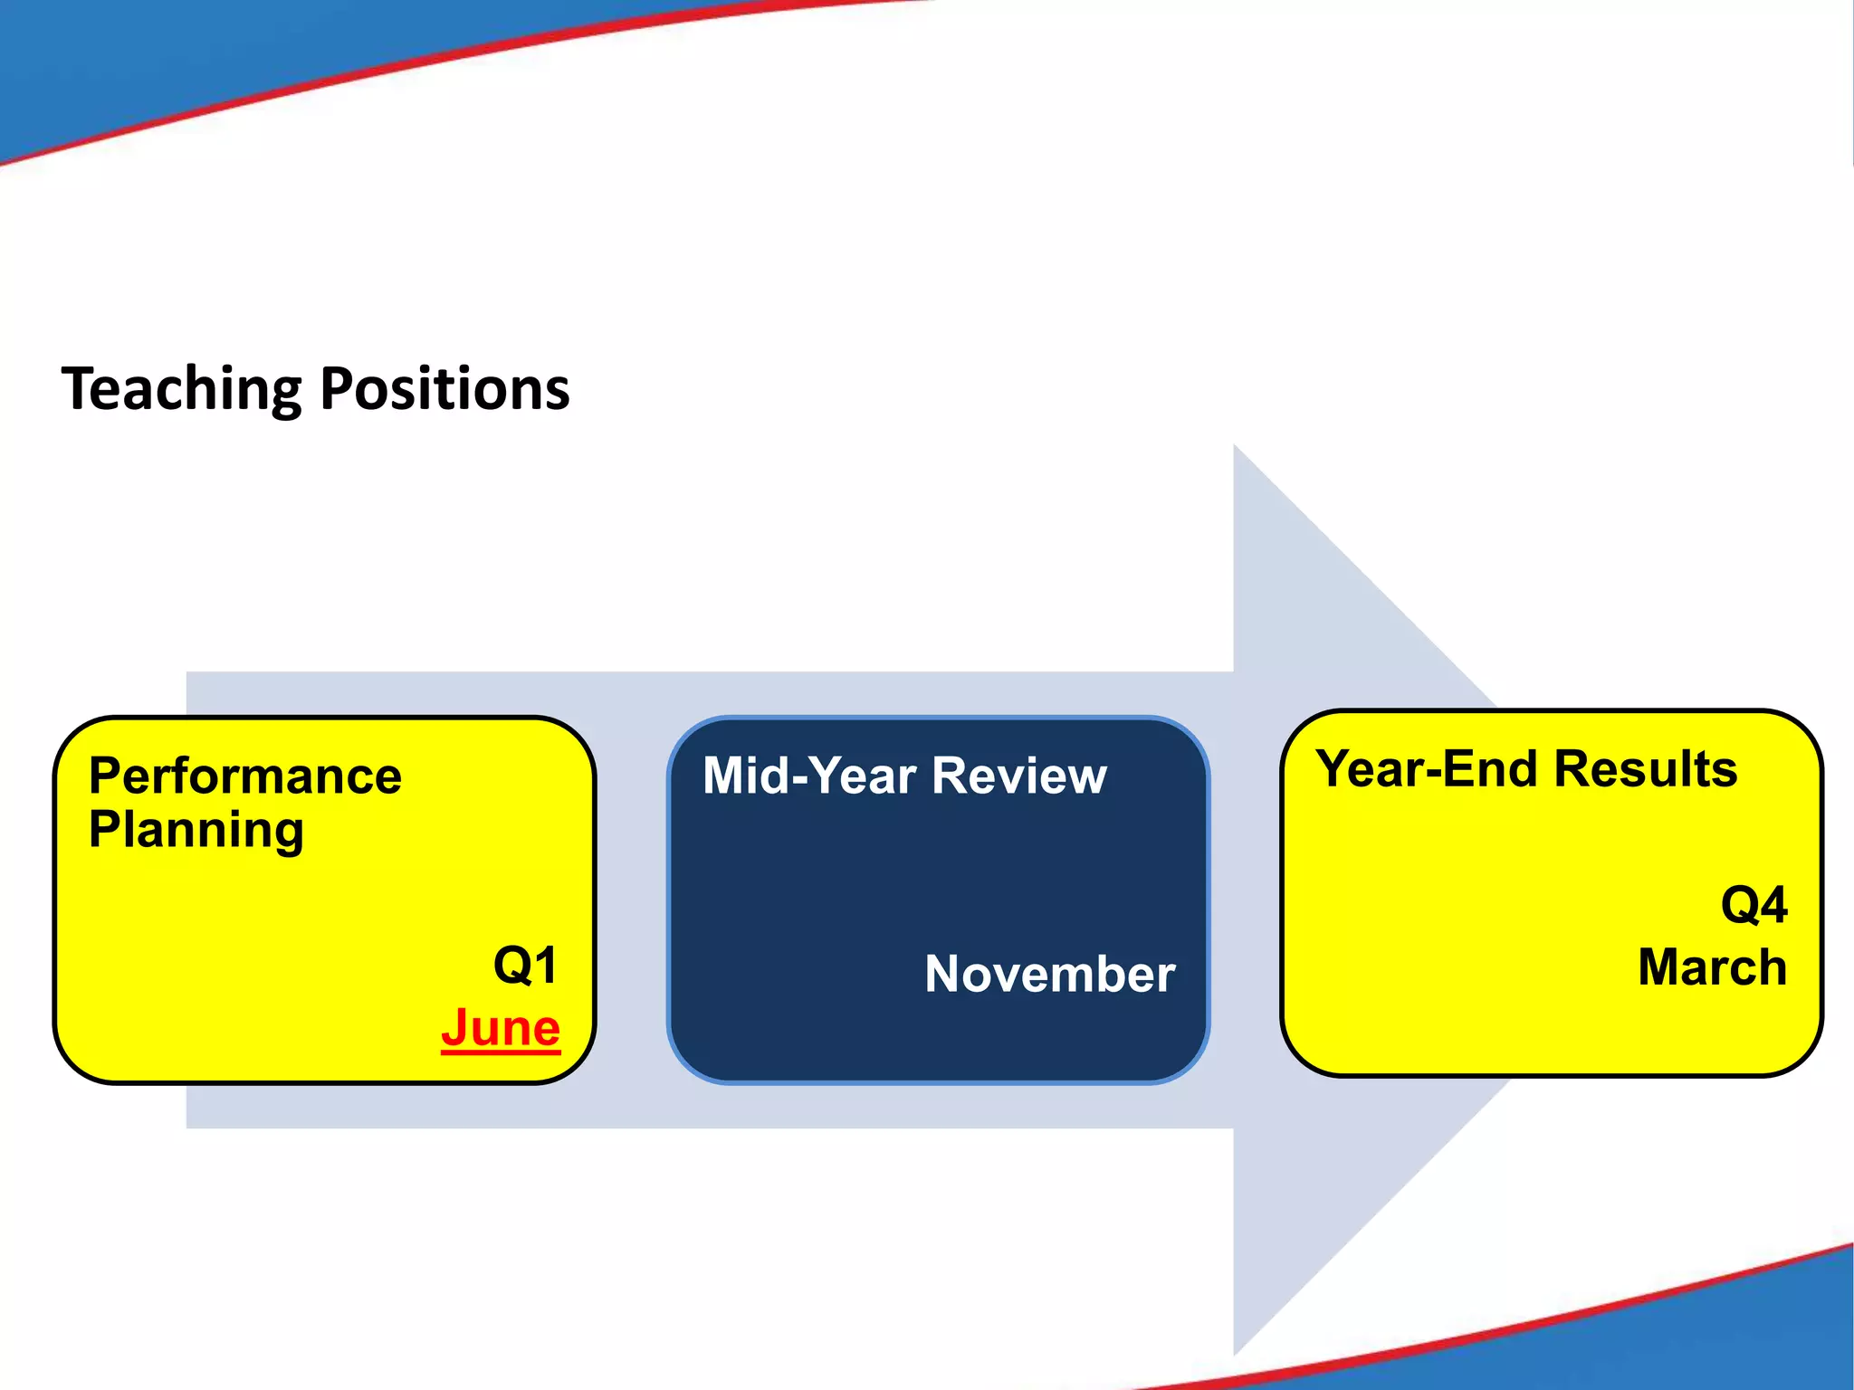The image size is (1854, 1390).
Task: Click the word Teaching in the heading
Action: tap(181, 389)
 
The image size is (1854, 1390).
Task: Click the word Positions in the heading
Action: tap(444, 389)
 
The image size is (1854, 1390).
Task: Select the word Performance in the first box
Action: tap(244, 776)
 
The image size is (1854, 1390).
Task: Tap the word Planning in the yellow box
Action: tap(196, 831)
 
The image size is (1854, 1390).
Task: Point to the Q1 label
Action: tap(525, 965)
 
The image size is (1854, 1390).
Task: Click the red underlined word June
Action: tap(501, 1028)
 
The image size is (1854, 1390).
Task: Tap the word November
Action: tap(1049, 975)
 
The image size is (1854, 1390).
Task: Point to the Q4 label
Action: tap(1754, 905)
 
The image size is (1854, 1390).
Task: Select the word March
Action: tap(1712, 967)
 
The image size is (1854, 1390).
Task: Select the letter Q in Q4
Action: tap(1738, 905)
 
